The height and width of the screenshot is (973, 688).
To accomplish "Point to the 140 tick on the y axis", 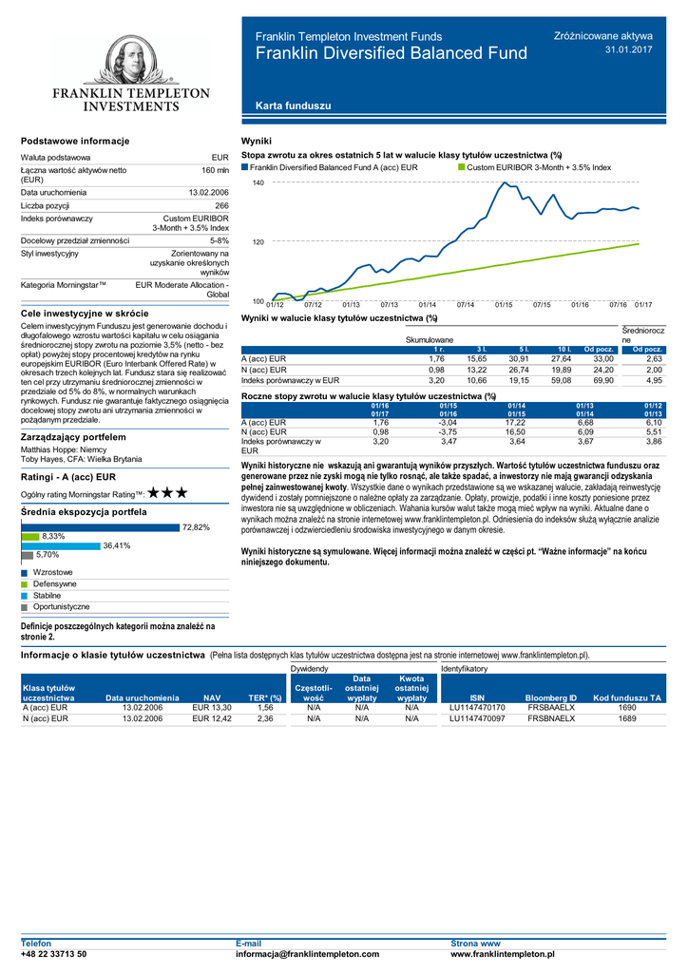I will pos(258,182).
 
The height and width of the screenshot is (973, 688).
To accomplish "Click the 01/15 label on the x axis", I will pos(504,305).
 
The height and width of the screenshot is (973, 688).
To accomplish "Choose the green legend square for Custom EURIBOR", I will pos(463,166).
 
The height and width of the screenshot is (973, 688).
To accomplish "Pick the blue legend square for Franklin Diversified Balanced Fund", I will pos(245,166).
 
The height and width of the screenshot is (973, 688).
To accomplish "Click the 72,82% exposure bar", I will pos(100,526).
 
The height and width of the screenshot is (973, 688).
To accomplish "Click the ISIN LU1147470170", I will pos(477,708).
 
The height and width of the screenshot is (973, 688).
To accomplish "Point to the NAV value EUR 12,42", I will pos(212,719).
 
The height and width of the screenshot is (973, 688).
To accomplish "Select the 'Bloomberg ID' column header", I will pos(551,697).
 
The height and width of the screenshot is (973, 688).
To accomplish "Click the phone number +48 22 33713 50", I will pos(54,953).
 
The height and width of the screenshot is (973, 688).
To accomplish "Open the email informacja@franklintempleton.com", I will pos(307,953).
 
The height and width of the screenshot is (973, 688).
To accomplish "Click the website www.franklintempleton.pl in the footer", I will pos(502,953).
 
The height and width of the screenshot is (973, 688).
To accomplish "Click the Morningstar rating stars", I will pos(167,494).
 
